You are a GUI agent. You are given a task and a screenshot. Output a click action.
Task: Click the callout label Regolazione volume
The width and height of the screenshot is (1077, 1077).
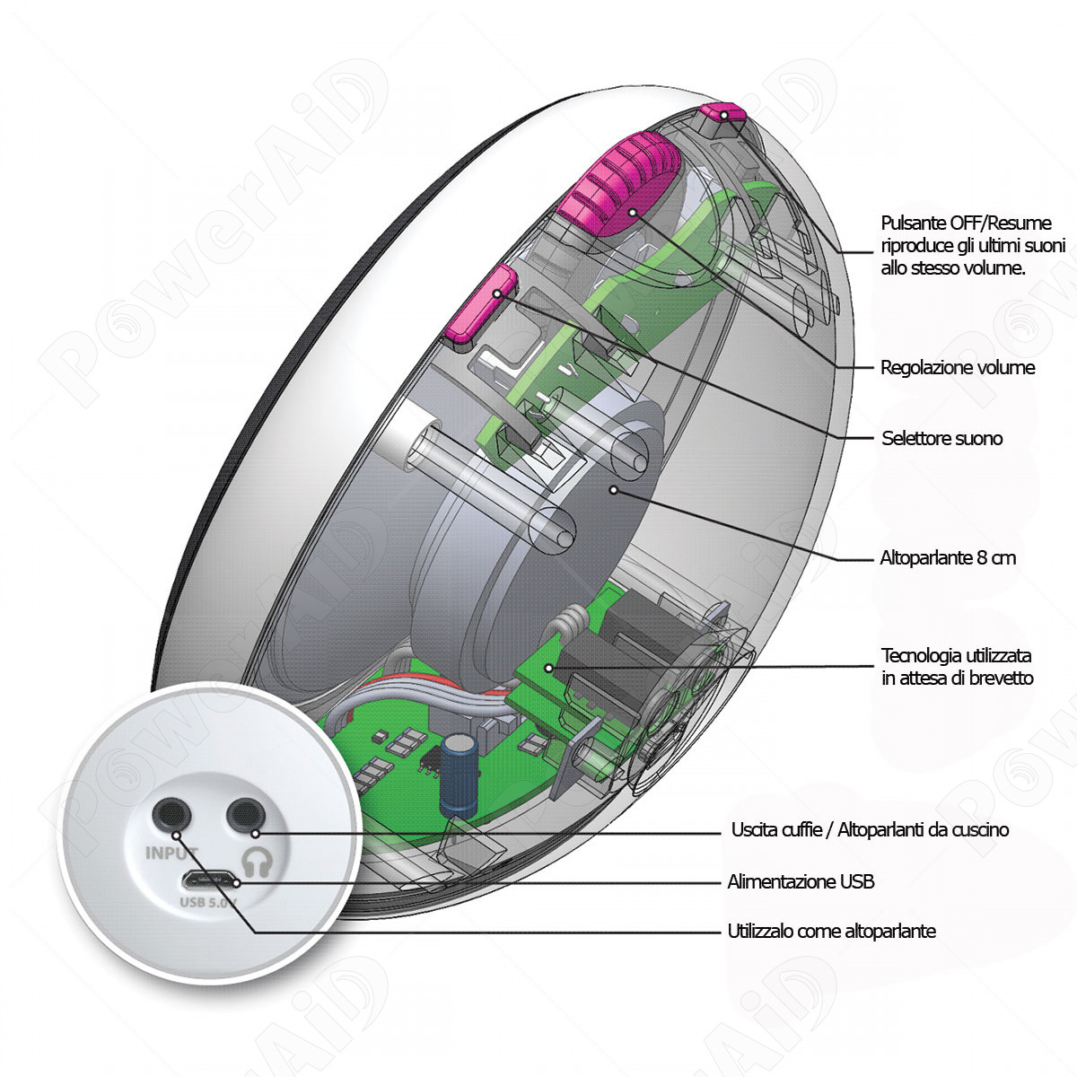[x=958, y=368]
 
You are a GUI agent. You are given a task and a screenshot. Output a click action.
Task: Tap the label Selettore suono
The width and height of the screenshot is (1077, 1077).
[x=941, y=438]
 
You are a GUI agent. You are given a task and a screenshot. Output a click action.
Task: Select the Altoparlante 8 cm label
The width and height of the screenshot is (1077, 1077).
[x=948, y=557]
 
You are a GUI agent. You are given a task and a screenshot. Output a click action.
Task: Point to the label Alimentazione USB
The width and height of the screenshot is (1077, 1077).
[x=801, y=882]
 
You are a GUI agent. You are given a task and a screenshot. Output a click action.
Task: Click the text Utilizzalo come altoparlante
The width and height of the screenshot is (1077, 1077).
[x=831, y=931]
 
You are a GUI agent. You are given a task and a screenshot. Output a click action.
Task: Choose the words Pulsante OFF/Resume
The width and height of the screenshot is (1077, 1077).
[x=966, y=223]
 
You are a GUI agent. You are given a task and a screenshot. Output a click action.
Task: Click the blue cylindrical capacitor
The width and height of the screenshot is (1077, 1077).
[x=459, y=776]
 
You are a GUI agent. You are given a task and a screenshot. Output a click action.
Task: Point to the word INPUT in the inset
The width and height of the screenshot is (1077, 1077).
[x=171, y=854]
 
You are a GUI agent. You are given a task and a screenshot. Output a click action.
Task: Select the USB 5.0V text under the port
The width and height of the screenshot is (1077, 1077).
[x=208, y=902]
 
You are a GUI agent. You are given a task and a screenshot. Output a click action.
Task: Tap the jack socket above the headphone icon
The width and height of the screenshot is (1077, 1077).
[x=245, y=814]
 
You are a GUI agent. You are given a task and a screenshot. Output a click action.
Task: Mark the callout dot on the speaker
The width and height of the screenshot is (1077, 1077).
[x=613, y=490]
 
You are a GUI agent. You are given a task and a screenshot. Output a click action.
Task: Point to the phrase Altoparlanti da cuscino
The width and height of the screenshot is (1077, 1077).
[x=924, y=830]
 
